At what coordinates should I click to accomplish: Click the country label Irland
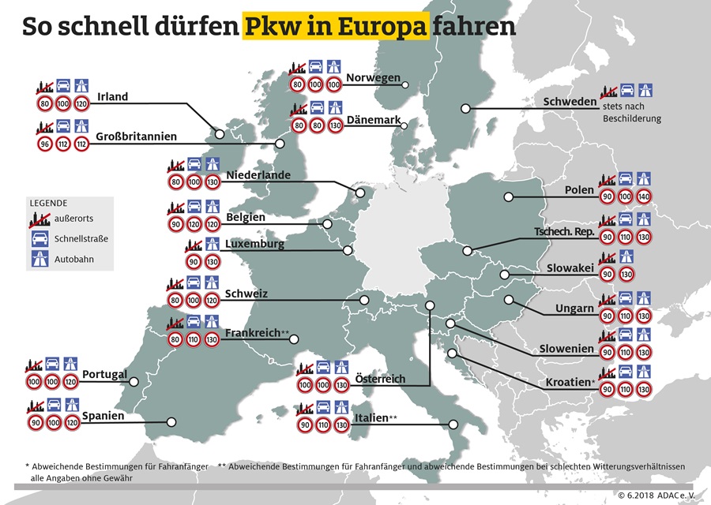tap(112, 98)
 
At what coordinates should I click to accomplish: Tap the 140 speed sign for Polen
tap(644, 196)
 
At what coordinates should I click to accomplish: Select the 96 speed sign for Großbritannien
tap(44, 144)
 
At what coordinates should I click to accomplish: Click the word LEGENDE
tap(49, 203)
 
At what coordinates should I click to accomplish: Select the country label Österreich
tap(380, 380)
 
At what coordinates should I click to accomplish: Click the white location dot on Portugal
tap(134, 382)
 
